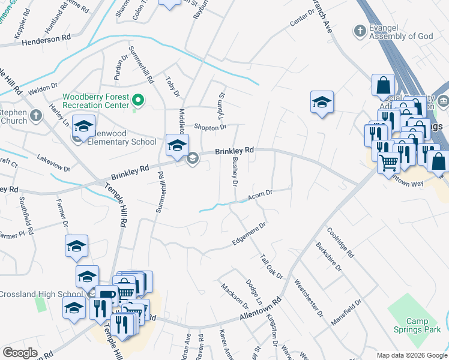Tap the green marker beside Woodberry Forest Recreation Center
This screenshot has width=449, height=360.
coord(138,100)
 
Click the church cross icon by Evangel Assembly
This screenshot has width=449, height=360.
coord(360,31)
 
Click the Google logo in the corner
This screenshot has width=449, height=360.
coord(20,353)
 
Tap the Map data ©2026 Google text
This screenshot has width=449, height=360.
coord(412,355)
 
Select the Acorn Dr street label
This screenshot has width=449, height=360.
coord(261,195)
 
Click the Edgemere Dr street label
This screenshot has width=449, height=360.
coord(249,234)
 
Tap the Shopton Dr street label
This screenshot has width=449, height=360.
coord(209,127)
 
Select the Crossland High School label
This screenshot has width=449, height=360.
coord(41,294)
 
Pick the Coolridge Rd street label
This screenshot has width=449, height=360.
coord(340,242)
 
